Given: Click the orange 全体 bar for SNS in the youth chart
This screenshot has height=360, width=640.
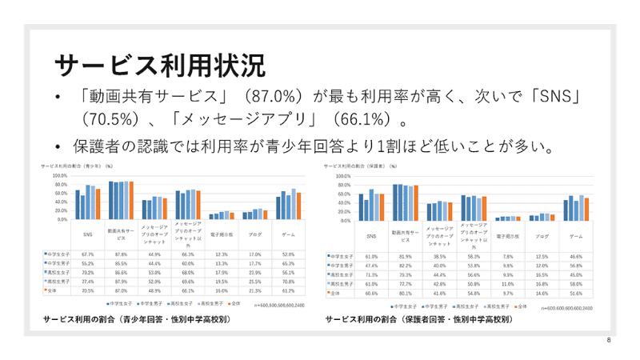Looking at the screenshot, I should tap(98, 204).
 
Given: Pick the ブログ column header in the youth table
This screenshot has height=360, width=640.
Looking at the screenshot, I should tap(255, 235).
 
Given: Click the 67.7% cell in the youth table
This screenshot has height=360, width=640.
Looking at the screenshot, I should tap(89, 254).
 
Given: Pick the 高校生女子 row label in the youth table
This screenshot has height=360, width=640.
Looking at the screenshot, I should tap(57, 273).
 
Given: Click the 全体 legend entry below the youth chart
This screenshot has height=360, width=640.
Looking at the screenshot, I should tap(234, 305).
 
